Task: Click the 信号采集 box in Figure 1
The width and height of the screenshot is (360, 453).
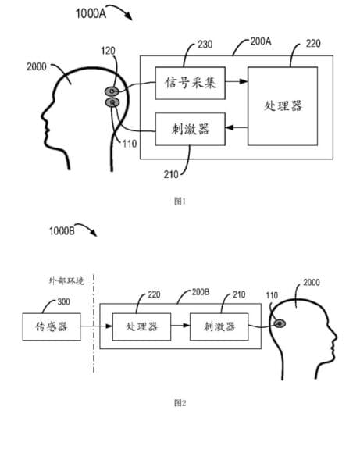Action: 190,84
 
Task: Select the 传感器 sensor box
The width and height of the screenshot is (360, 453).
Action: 52,326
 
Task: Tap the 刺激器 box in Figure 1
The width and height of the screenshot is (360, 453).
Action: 190,129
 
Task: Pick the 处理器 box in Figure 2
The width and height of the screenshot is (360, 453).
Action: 141,326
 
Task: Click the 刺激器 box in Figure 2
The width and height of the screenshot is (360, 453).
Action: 219,326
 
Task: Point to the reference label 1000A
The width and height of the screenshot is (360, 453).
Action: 91,13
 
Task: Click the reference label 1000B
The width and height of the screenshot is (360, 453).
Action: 62,231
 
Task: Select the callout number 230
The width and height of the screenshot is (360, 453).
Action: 205,45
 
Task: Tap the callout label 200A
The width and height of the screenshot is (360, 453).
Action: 261,41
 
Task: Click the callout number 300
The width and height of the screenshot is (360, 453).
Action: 63,302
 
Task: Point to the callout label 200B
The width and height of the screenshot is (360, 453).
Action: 201,292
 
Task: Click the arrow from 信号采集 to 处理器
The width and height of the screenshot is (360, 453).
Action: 237,81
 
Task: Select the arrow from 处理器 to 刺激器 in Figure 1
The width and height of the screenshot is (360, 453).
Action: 237,127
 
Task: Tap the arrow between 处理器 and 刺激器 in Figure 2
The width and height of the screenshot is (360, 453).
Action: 180,326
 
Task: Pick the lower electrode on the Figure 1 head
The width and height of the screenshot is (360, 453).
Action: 112,102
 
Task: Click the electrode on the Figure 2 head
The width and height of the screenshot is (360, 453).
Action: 280,324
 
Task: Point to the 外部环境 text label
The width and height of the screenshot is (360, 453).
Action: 66,280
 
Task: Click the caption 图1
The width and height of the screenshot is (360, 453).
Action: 180,201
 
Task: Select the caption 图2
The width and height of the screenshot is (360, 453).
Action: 180,402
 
